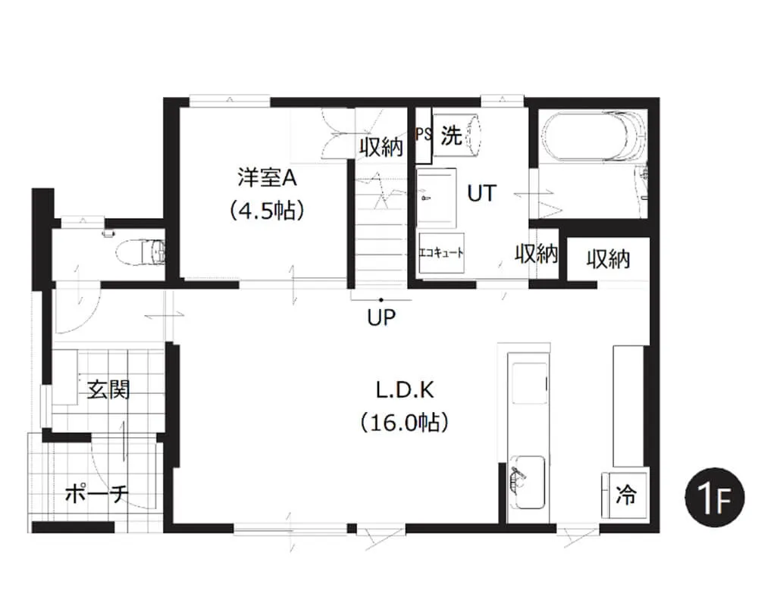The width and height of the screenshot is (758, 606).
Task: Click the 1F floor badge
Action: pos(715,497)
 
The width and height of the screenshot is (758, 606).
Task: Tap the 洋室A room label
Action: pos(267,177)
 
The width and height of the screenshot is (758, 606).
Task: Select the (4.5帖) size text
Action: pos(267,211)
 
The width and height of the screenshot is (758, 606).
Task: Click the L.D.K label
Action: pos(405,390)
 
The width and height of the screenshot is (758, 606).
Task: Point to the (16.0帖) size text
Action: pos(404,423)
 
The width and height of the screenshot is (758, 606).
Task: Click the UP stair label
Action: pos(381,317)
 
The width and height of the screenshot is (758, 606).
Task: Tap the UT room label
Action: pos(481,193)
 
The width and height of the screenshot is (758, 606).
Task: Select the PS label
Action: pos(424,134)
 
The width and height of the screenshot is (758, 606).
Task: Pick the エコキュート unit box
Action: pos(441,253)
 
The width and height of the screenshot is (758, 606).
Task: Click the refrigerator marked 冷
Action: pos(625,495)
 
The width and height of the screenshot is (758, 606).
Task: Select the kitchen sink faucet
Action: pos(518,476)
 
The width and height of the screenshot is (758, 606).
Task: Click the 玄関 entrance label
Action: pos(108,389)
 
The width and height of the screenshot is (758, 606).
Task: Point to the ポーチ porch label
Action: pos(97,493)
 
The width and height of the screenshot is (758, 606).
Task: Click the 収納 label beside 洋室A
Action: pos(381,147)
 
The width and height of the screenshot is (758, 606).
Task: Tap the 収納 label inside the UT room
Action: pos(536,253)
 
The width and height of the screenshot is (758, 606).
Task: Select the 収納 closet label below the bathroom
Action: pos(608,259)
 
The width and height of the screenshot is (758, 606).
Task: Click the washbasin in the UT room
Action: pos(436,198)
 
